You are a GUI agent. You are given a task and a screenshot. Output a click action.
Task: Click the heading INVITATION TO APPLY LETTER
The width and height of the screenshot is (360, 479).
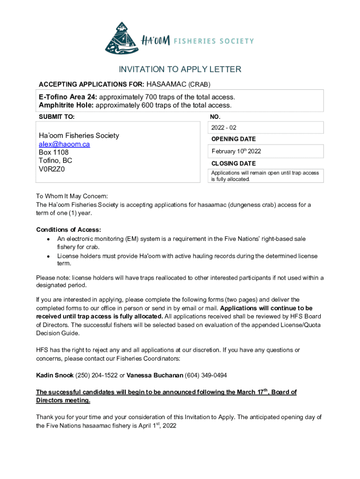coord(180,70)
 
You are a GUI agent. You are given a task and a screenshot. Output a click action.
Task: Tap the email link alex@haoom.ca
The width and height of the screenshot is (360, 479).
coord(64,144)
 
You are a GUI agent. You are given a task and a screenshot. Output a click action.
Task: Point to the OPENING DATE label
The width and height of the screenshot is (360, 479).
coord(233,139)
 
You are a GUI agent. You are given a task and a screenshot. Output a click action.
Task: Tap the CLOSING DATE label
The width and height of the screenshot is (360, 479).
coord(233,164)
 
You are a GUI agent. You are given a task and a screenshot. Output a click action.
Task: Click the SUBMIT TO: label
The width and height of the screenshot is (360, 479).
coord(56,116)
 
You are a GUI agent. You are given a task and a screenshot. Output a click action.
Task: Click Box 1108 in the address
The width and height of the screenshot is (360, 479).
coord(53,152)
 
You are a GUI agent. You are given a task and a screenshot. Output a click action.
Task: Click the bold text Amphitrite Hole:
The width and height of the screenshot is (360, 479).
coord(66,105)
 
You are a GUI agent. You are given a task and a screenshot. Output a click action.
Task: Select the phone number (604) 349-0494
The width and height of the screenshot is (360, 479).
coord(206,375)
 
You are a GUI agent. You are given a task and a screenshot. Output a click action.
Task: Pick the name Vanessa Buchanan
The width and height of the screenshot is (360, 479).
coord(155,375)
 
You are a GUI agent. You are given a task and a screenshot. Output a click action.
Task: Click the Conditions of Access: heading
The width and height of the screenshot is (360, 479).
coord(68,230)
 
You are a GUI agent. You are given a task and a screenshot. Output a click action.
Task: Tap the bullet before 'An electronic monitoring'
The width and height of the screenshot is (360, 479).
coord(48,239)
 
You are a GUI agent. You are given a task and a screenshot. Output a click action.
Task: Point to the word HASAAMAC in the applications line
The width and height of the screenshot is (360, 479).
coord(166,85)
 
